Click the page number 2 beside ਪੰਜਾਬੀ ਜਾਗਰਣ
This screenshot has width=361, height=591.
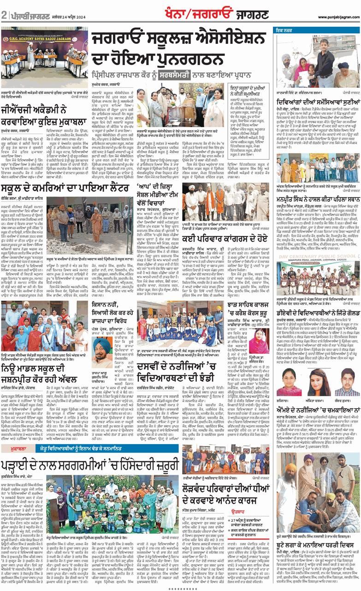pos(4,15)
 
